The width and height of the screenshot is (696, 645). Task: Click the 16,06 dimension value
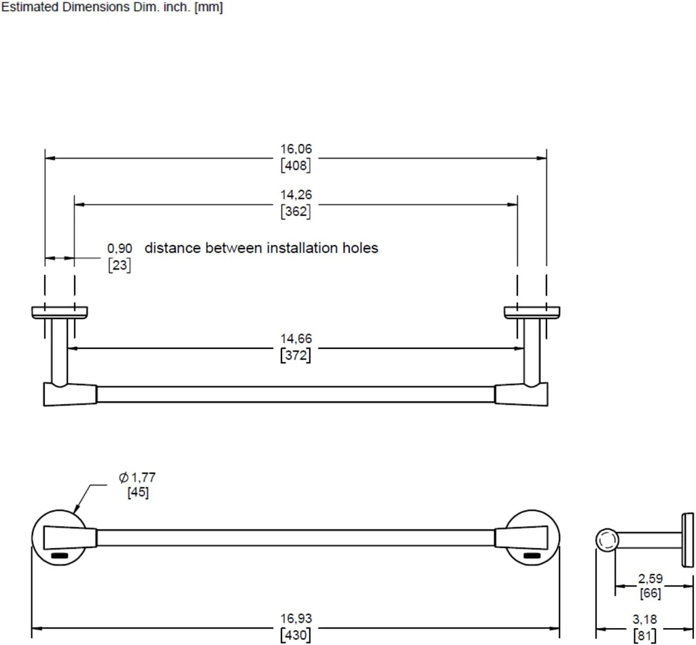click(x=296, y=149)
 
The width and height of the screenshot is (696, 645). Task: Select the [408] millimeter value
click(x=296, y=166)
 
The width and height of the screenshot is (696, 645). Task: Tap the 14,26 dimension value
click(x=296, y=195)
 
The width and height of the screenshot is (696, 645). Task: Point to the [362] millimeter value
click(x=296, y=211)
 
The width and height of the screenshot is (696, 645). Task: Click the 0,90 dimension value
click(x=120, y=248)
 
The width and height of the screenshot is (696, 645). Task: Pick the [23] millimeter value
click(x=120, y=265)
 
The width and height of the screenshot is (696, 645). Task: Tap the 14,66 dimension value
click(x=296, y=339)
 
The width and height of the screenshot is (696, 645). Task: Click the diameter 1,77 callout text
click(x=137, y=477)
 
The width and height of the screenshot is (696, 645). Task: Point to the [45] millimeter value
click(x=137, y=492)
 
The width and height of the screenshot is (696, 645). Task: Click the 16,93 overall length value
click(x=296, y=619)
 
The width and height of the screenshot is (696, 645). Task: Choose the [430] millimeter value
click(x=296, y=635)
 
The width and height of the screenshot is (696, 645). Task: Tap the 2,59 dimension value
click(x=650, y=578)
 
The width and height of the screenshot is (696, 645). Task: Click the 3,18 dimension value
click(x=644, y=619)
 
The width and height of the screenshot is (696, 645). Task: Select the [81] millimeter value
click(x=644, y=635)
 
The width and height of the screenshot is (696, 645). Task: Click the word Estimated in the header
click(x=31, y=7)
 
